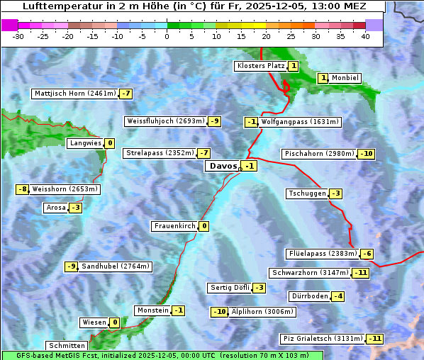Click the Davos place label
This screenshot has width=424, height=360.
pos(223,166)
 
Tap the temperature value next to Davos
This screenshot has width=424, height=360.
pos(249,166)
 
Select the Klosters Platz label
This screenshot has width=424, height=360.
pos(260,66)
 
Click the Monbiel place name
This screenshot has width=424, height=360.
pos(346,78)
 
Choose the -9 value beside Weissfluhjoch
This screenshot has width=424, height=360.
pos(214,121)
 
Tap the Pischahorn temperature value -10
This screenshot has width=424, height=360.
pos(366,154)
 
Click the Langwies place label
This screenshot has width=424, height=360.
pos(85,143)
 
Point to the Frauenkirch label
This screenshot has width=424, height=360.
pos(174,226)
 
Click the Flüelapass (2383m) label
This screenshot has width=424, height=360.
pos(322,254)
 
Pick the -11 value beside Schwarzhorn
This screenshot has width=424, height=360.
pos(361,273)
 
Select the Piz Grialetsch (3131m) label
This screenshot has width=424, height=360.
pos(323,339)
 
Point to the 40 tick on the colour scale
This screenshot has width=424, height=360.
pos(365,37)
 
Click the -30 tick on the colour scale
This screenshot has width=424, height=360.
pos(18,37)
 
